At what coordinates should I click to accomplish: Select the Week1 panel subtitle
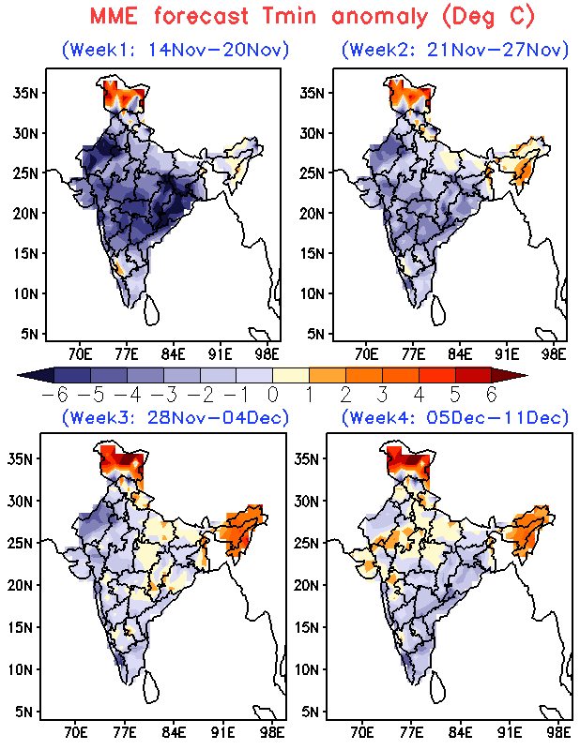175,50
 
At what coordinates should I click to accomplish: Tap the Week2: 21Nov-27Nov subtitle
455,50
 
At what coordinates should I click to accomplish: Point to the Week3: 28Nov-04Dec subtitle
175,417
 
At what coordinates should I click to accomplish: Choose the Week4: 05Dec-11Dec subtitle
455,417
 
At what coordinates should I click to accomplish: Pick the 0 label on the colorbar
272,394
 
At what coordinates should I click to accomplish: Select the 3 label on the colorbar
382,394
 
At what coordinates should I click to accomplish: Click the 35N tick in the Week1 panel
23,92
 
